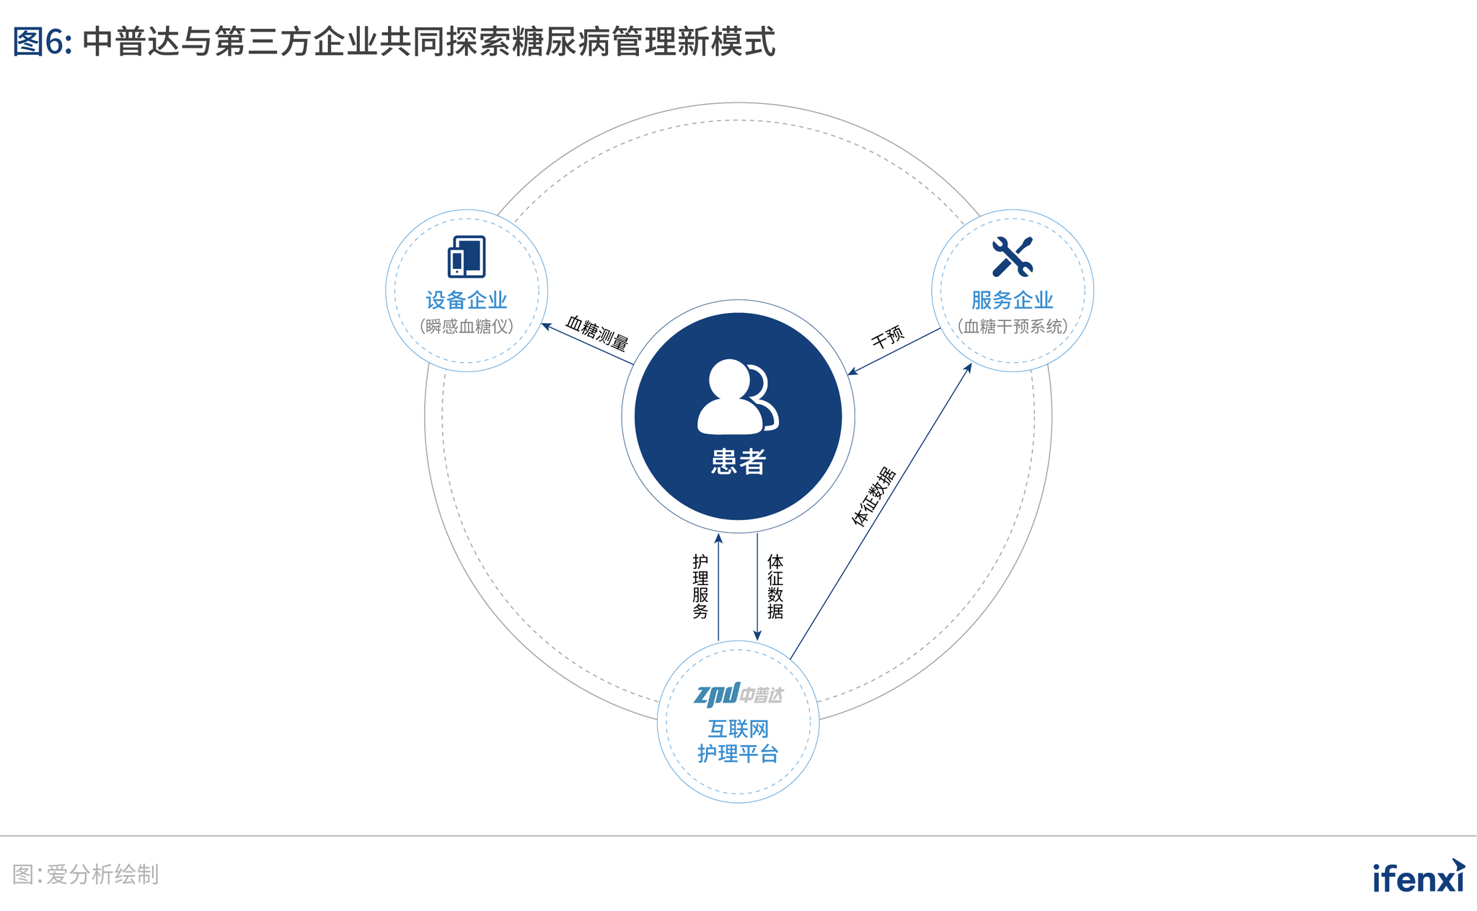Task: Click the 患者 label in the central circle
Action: [x=738, y=462]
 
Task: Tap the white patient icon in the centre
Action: [x=738, y=397]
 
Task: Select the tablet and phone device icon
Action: [x=467, y=257]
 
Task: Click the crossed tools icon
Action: [x=1013, y=257]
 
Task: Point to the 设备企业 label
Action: [x=467, y=300]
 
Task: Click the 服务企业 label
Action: [x=1013, y=300]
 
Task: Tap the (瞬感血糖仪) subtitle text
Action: [x=467, y=327]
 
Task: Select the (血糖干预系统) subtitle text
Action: [x=1013, y=327]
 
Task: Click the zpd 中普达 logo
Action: [x=738, y=694]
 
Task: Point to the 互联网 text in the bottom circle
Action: [x=738, y=729]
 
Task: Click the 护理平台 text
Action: [x=738, y=754]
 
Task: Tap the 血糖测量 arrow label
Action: [x=597, y=333]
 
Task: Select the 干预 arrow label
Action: [x=888, y=336]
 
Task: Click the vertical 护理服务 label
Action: [x=700, y=586]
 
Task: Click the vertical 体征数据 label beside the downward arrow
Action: [x=775, y=586]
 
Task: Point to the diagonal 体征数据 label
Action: [x=874, y=497]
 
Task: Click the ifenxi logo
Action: [x=1419, y=876]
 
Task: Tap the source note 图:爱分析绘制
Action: [x=86, y=875]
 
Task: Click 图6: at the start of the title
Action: [x=42, y=42]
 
